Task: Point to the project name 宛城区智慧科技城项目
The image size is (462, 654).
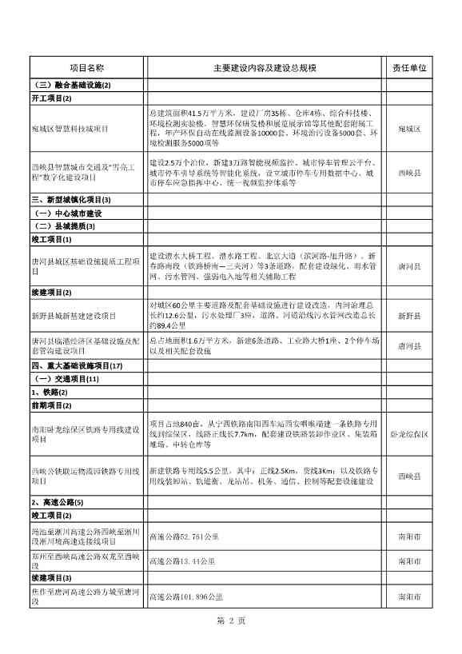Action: coord(71,128)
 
